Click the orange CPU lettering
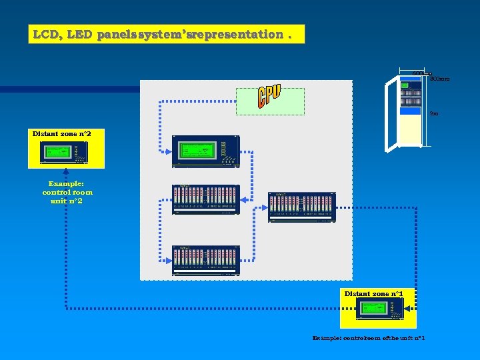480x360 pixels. pos(269,97)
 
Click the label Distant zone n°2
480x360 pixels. pos(61,134)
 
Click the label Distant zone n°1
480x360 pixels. pos(373,293)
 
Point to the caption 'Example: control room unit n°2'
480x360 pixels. pos(67,192)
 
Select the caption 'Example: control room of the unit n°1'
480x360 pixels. pos(368,338)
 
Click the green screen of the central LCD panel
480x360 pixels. pos(198,151)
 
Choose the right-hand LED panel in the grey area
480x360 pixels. pos(301,207)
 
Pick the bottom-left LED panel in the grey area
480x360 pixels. pos(206,260)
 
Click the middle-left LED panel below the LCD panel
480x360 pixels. pos(206,199)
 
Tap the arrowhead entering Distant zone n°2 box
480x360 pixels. pos(67,171)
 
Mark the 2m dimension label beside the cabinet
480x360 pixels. pos(434,114)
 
